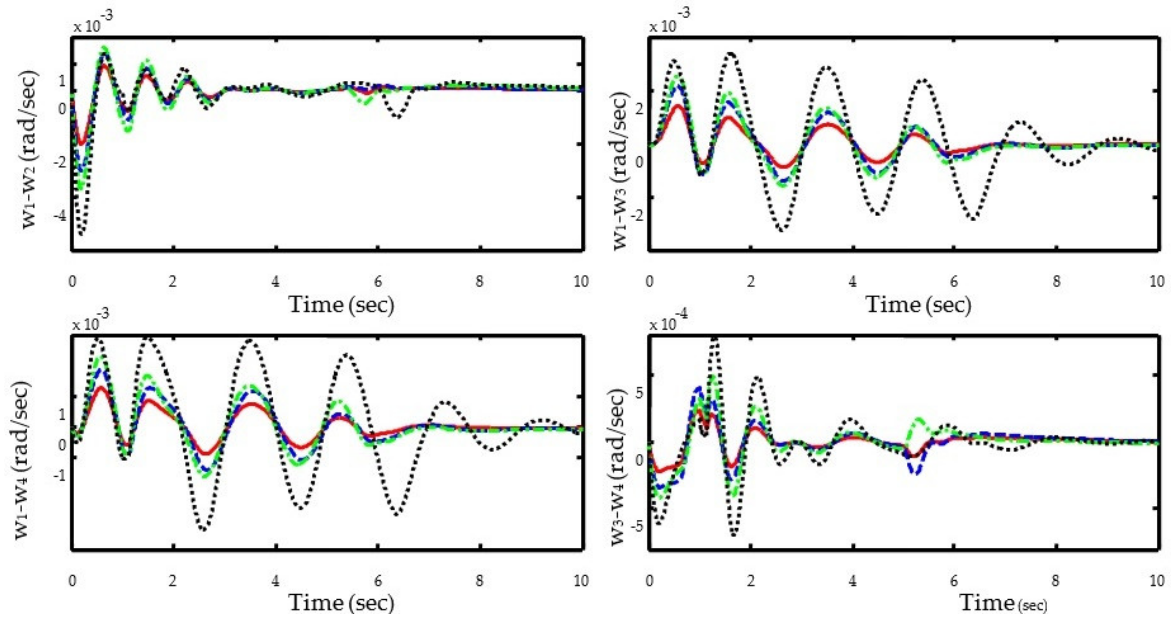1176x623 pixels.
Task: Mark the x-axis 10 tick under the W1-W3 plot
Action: coord(1157,281)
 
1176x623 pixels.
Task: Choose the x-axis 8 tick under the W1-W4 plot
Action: coord(479,580)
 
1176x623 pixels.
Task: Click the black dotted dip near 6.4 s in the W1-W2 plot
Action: coord(398,117)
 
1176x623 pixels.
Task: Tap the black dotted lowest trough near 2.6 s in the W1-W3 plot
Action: coord(782,230)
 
